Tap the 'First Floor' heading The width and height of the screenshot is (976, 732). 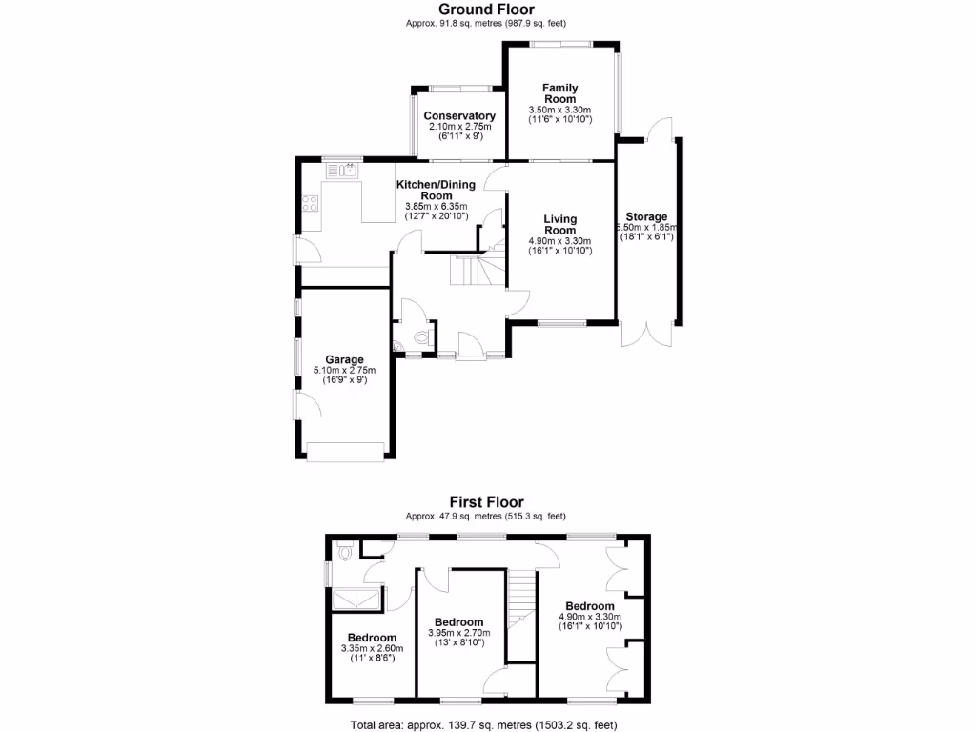pyautogui.click(x=487, y=502)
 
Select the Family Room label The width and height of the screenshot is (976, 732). pyautogui.click(x=559, y=93)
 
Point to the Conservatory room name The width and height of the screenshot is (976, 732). pyautogui.click(x=459, y=116)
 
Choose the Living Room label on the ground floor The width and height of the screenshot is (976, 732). pyautogui.click(x=559, y=225)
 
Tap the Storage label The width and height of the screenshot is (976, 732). pyautogui.click(x=646, y=217)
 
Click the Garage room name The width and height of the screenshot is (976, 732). pyautogui.click(x=344, y=360)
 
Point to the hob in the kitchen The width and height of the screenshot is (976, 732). pyautogui.click(x=310, y=203)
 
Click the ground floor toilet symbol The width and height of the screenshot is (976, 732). pyautogui.click(x=422, y=337)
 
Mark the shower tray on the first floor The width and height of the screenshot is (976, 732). pyautogui.click(x=356, y=598)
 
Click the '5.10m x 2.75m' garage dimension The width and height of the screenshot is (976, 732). pyautogui.click(x=344, y=371)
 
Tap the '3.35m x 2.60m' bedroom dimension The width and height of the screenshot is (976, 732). pyautogui.click(x=372, y=648)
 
